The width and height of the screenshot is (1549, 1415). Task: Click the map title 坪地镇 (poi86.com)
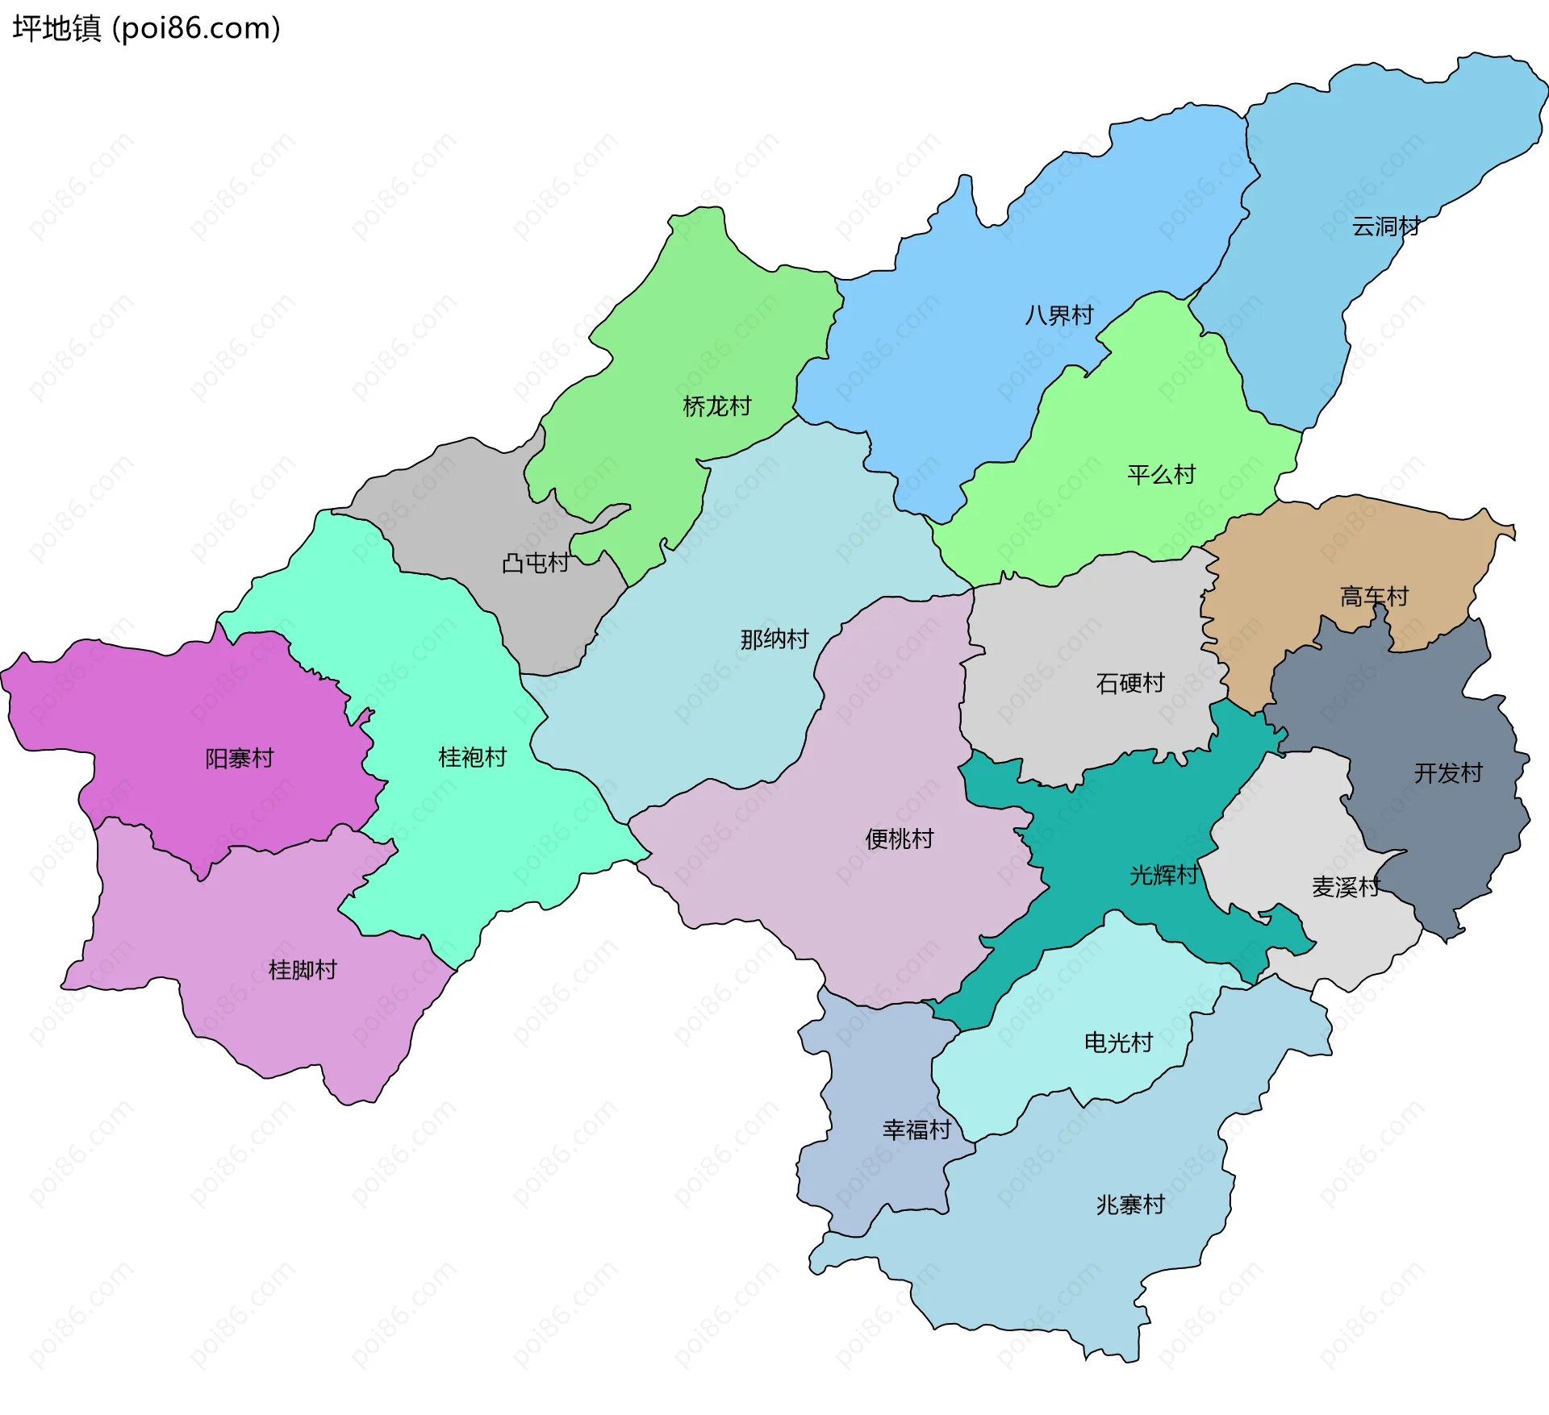146,28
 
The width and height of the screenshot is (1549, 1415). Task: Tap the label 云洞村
1385,227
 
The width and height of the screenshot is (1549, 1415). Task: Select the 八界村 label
1058,315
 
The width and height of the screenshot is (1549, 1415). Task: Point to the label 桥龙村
716,406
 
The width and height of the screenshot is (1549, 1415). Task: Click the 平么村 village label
1161,475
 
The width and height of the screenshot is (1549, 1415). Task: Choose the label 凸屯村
536,563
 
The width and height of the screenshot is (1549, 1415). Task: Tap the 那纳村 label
774,639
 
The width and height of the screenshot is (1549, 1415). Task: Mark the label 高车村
1374,597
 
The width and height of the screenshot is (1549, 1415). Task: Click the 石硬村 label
1130,684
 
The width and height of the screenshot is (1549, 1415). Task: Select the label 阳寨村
240,759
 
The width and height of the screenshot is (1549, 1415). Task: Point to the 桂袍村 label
472,757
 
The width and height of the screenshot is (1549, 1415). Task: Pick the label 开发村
1448,773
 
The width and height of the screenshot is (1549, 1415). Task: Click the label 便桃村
899,839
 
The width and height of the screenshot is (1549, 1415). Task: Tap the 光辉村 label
1163,876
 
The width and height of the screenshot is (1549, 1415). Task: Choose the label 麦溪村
1346,888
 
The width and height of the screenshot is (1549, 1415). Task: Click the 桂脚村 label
303,970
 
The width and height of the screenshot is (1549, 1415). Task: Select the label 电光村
1118,1043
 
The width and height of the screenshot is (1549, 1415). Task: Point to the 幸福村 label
916,1130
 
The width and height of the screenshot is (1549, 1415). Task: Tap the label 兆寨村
1130,1205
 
